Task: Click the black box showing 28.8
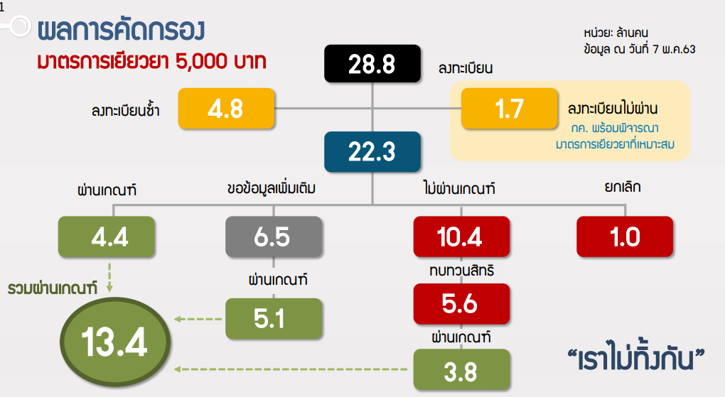[372, 64]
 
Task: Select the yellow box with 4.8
[226, 109]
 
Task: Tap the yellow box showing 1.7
[510, 109]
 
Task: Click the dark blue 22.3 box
[372, 151]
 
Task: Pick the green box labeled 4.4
[107, 236]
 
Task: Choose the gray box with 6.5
[274, 236]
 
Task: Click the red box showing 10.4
[461, 236]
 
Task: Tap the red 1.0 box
[625, 236]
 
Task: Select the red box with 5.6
[461, 304]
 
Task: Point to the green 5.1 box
[274, 318]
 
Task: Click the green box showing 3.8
[461, 369]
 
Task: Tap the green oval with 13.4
[115, 342]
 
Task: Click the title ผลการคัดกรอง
[121, 30]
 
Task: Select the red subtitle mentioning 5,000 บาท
[151, 61]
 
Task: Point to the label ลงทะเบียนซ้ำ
[125, 111]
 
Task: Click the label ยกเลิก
[623, 187]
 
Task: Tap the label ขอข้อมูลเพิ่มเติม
[272, 188]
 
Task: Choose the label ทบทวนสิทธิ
[461, 270]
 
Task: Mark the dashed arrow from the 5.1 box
[198, 319]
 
